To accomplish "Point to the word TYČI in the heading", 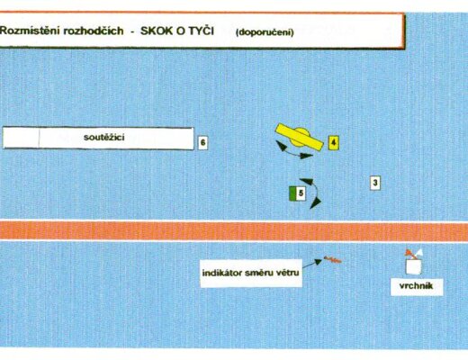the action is tap(202, 30).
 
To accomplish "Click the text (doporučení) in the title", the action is tap(265, 32).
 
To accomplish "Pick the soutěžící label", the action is tap(104, 138).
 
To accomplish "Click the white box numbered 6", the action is tap(202, 142).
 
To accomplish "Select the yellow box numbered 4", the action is tap(333, 142).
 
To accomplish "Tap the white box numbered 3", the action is tap(375, 183).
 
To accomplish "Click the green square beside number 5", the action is tap(292, 193).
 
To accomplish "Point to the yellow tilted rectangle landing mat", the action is tap(300, 137).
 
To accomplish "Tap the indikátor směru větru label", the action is tap(251, 273).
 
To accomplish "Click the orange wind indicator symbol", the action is tap(332, 259).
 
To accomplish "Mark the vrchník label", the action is tap(417, 286).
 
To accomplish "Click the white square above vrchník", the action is tap(414, 266).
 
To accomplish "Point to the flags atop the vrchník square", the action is tap(414, 254).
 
